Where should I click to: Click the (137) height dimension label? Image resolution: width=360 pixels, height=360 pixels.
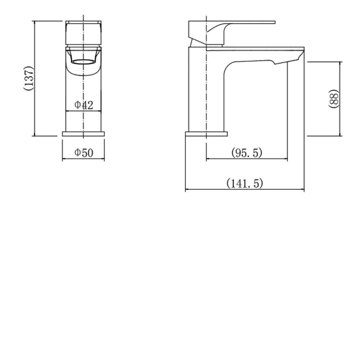28,79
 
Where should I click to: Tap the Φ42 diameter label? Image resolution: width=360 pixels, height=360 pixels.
84,105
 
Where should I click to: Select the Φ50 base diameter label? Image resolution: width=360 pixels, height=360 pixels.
84,153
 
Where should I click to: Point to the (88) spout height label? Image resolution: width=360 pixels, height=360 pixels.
333,98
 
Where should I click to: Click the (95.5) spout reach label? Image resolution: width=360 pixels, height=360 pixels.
247,153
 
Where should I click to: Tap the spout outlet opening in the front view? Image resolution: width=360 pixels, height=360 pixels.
84,61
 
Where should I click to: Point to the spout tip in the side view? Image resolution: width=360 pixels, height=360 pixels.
295,57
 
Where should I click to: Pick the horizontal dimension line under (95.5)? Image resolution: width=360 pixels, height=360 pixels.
247,159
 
